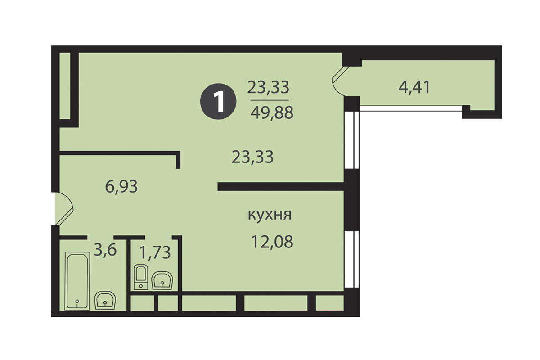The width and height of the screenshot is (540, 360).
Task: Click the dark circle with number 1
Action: (218, 101)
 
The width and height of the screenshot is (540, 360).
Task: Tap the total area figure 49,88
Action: (272, 113)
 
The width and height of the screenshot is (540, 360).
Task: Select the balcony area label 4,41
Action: (414, 87)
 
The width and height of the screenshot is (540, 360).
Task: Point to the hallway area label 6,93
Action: (121, 186)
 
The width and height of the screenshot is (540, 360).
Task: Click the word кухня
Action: (270, 214)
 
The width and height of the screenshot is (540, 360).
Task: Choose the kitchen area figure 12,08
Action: (272, 242)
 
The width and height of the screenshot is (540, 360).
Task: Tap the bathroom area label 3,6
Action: (105, 250)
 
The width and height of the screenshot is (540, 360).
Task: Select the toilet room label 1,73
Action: (155, 252)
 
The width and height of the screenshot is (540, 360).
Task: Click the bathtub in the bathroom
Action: (77, 281)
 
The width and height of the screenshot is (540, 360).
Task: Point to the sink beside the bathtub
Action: (105, 300)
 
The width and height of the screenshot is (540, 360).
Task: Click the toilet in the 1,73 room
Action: (141, 277)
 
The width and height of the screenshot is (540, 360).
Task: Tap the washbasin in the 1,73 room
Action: (162, 280)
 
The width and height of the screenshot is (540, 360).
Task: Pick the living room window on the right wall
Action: (352, 140)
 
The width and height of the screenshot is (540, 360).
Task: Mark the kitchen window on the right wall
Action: (352, 259)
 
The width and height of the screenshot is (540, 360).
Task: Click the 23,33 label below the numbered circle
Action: (252, 157)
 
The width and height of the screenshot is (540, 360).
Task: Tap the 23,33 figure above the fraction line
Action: (268, 87)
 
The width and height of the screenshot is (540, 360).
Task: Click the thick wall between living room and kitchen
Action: (281, 187)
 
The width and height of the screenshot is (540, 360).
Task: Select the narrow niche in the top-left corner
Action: (65, 85)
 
